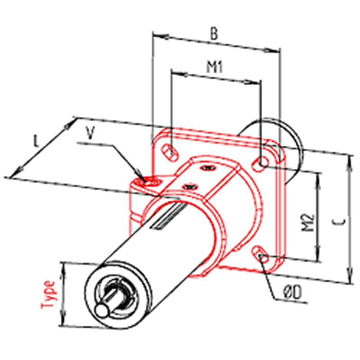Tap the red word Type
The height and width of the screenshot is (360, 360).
tap(48, 295)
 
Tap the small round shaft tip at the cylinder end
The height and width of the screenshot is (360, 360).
tap(103, 310)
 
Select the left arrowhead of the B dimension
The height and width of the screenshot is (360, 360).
tap(161, 36)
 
